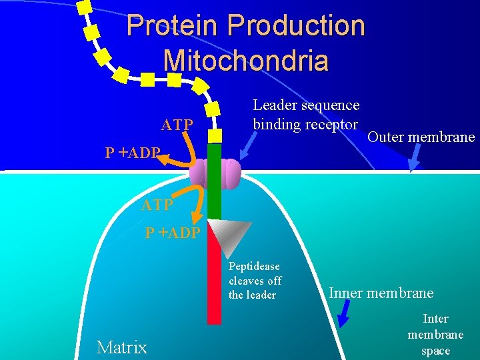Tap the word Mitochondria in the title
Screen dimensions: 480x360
coord(245,60)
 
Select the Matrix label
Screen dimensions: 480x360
coord(122,347)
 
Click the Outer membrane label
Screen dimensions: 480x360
coord(421,137)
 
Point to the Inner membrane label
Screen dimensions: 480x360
coord(381,293)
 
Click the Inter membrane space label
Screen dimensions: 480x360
coord(436,335)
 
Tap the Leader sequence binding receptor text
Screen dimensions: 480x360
coord(306,115)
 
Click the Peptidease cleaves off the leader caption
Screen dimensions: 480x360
coord(255,281)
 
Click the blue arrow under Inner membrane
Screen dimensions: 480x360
coord(344,314)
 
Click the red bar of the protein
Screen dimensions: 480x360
coord(214,280)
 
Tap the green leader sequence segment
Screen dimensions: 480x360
coord(214,180)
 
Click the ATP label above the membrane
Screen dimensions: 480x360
coord(177,125)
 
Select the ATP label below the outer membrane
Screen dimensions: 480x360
coord(157,205)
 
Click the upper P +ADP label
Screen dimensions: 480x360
coord(132,153)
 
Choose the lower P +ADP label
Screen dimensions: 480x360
coord(173,233)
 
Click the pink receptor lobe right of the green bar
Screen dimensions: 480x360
coord(231,175)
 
